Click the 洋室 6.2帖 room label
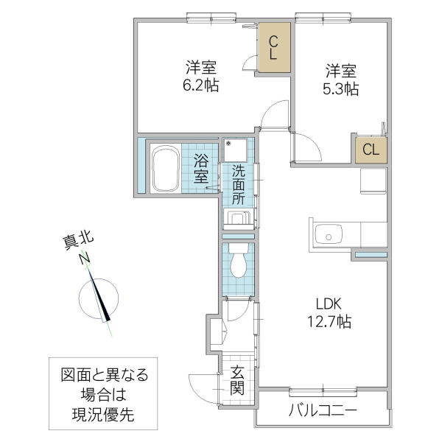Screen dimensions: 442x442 pyautogui.click(x=200, y=77)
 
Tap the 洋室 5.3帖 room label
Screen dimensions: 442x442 pyautogui.click(x=341, y=80)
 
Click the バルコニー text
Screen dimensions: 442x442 pyautogui.click(x=322, y=410)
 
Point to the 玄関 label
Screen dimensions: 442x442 pyautogui.click(x=236, y=381)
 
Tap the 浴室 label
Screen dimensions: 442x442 pyautogui.click(x=201, y=168)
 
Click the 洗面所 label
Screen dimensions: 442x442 pyautogui.click(x=239, y=184)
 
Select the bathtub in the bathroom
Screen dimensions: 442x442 pyautogui.click(x=169, y=168)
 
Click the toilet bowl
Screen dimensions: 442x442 pyautogui.click(x=238, y=262)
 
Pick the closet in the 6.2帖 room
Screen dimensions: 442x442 pyautogui.click(x=273, y=49)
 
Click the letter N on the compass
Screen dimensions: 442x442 pyautogui.click(x=85, y=258)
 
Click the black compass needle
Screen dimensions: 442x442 pyautogui.click(x=102, y=299)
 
